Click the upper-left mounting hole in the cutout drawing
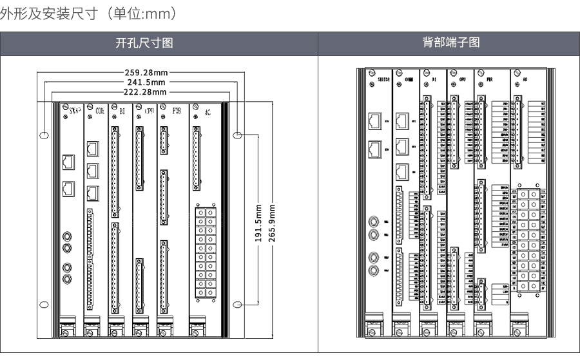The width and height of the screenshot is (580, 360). point(43,135)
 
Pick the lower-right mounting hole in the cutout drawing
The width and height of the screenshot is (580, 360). point(237,305)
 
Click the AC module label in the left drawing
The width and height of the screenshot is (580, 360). point(208,113)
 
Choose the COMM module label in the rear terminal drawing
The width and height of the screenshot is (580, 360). point(409,79)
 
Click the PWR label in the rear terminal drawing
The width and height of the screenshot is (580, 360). point(489,79)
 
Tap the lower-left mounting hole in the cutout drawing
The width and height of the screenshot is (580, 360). point(43,305)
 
